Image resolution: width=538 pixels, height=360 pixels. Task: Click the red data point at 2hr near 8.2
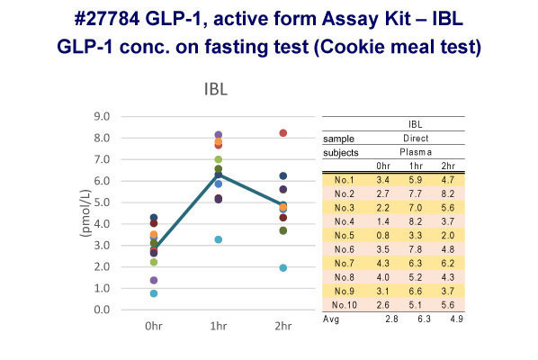pyautogui.click(x=282, y=133)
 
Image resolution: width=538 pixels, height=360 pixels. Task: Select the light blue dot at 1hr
pyautogui.click(x=218, y=239)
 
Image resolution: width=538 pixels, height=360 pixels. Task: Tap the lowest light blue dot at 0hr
pyautogui.click(x=154, y=293)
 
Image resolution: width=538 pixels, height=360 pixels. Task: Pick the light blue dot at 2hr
pyautogui.click(x=282, y=267)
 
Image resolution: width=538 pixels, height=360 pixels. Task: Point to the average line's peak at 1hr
pyautogui.click(x=218, y=174)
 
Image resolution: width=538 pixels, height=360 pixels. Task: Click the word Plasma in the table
pyautogui.click(x=415, y=152)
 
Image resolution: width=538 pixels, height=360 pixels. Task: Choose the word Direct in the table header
pyautogui.click(x=415, y=139)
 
